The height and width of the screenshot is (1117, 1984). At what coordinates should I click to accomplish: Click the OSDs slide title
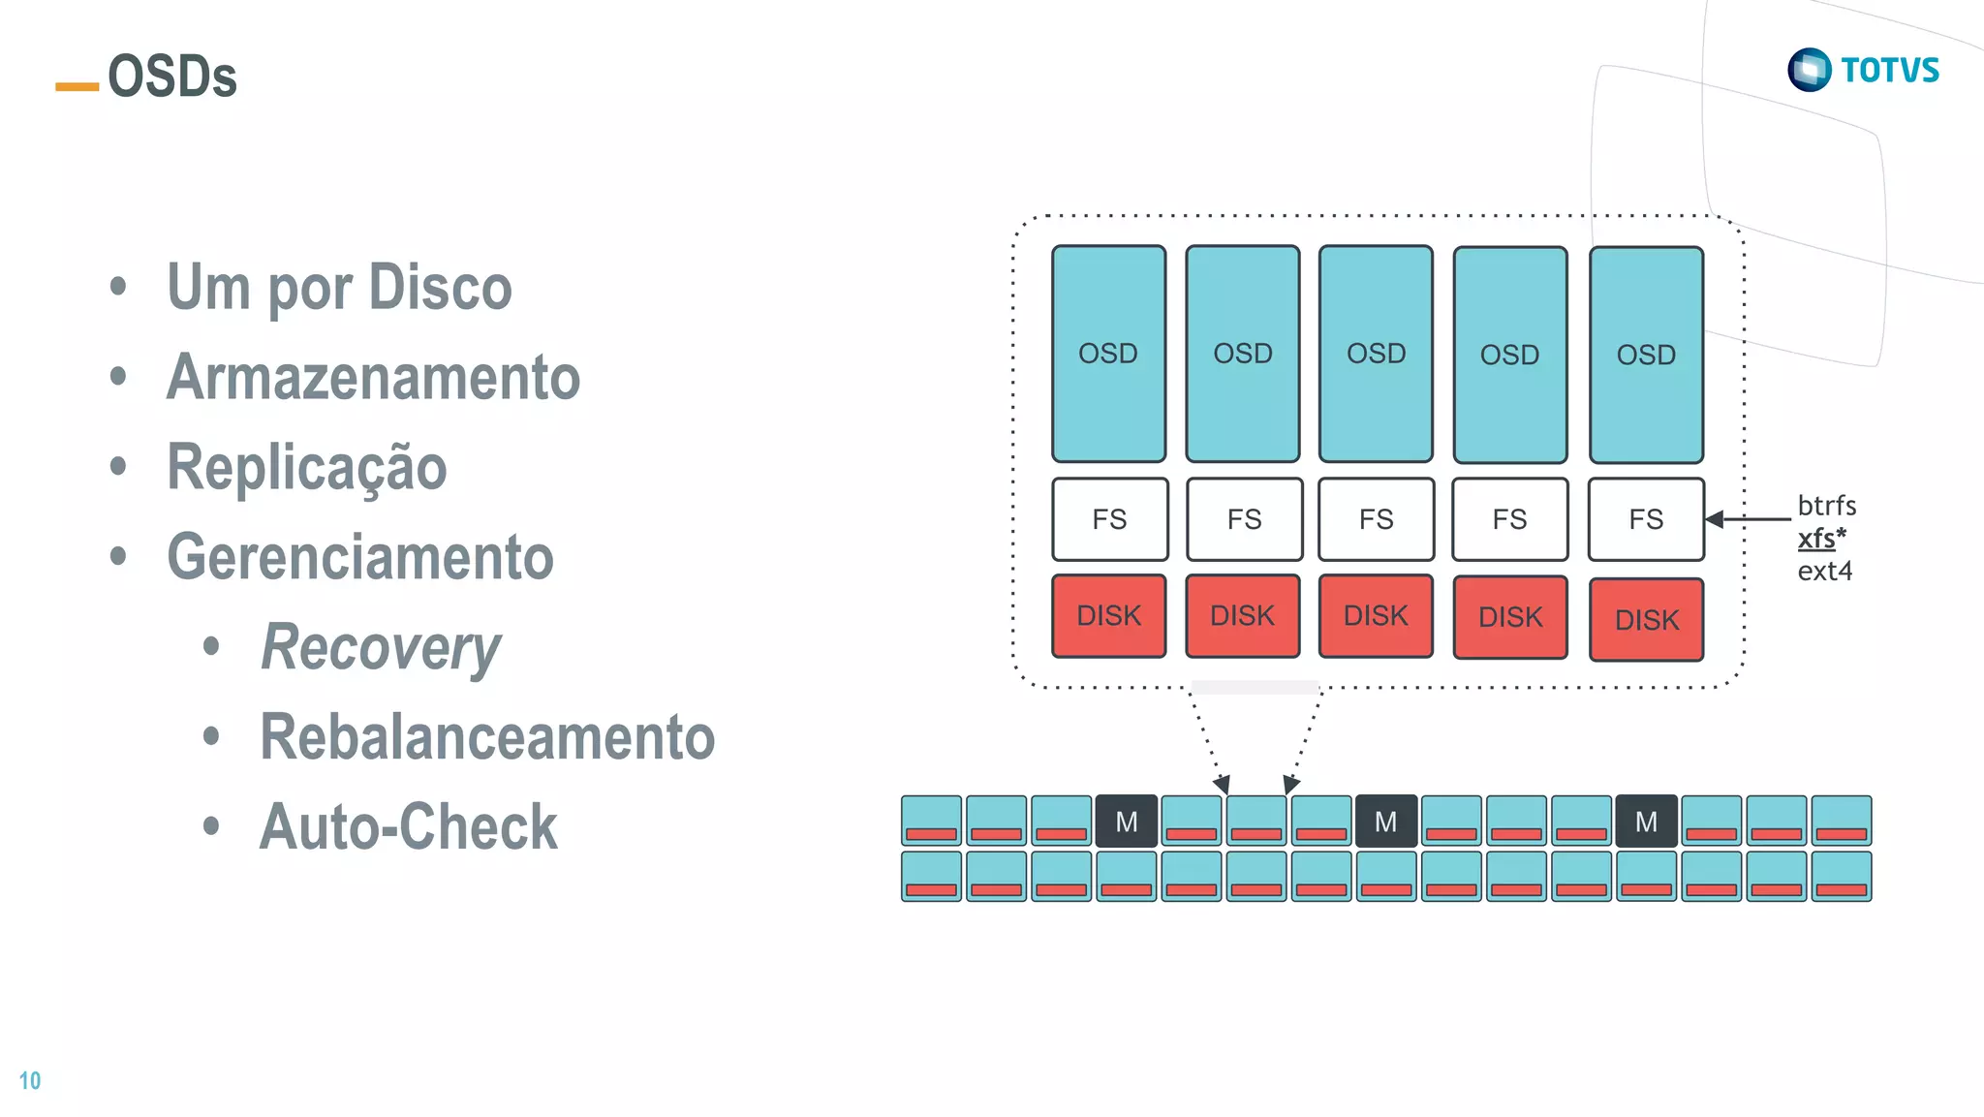coord(171,77)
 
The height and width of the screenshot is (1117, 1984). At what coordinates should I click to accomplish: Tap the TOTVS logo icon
coord(1809,70)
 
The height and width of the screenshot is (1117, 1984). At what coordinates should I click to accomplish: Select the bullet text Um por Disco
coord(339,288)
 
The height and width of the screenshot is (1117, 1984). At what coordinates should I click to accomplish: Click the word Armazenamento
coord(373,377)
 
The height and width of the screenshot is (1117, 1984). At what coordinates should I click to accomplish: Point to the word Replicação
coord(306,467)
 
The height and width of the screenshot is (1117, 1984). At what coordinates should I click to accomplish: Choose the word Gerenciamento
coord(359,557)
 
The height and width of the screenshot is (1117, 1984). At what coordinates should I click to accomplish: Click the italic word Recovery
coord(381,647)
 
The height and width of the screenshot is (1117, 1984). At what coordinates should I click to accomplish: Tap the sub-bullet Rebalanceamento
coord(486,737)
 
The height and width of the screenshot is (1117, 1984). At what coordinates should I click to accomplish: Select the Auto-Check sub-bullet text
coord(408,827)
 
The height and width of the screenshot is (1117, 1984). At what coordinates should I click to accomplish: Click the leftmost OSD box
coord(1108,354)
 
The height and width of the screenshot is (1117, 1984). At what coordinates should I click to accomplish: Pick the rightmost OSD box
coord(1646,355)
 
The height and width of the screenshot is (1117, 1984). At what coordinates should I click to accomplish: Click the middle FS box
coord(1376,519)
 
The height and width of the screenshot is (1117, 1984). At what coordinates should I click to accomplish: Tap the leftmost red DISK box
coord(1108,616)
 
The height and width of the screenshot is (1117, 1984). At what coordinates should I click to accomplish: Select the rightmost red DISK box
coord(1646,620)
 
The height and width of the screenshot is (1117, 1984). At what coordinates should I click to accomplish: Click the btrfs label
coord(1826,506)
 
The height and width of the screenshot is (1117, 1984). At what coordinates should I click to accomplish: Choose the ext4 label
coord(1824,571)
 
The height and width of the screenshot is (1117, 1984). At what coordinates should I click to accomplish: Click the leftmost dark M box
coord(1126,822)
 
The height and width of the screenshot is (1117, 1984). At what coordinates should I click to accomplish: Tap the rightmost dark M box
coord(1646,822)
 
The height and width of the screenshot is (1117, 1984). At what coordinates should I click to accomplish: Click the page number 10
coord(30,1080)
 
